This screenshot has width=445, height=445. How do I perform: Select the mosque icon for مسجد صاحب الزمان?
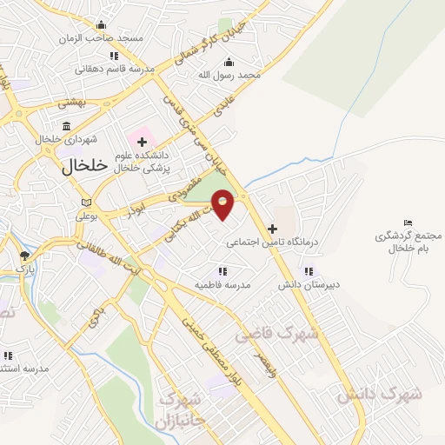tap(103, 24)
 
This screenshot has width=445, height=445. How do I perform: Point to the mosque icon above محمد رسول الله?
tap(229, 62)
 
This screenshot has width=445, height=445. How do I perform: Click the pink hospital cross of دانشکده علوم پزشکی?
tap(142, 141)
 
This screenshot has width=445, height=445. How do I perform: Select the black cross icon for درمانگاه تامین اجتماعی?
tap(272, 229)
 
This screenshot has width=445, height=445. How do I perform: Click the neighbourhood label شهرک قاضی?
tap(277, 333)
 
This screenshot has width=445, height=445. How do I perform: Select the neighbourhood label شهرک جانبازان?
tap(182, 410)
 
